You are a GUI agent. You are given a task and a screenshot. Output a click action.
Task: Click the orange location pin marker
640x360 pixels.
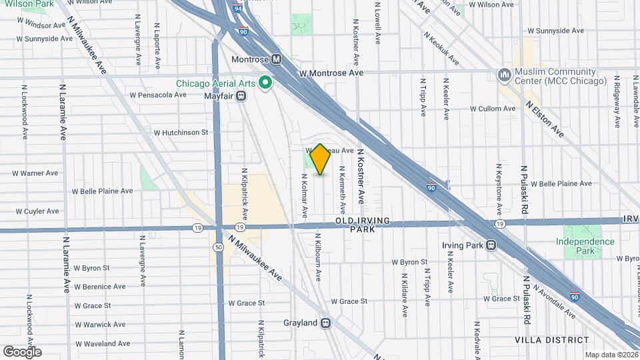(x=320, y=159)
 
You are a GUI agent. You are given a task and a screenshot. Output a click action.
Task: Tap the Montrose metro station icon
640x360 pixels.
(x=276, y=59)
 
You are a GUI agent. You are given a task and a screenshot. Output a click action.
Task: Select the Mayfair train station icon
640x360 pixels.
(x=241, y=96)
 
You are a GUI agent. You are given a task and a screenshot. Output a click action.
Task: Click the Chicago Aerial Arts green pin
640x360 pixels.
(x=265, y=83)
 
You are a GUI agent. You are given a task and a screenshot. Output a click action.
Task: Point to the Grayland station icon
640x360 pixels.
(x=326, y=323)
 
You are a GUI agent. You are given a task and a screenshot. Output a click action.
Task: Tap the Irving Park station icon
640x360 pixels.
(x=491, y=245)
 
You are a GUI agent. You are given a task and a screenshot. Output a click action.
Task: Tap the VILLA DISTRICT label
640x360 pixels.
(x=545, y=339)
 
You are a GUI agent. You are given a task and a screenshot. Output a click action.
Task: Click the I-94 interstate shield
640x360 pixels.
(x=238, y=10)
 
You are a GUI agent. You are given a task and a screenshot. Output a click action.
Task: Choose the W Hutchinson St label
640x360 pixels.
(x=181, y=133)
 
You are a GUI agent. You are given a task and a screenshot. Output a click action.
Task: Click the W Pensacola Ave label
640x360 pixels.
(x=158, y=95)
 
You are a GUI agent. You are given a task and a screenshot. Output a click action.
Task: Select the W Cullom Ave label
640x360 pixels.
(x=495, y=108)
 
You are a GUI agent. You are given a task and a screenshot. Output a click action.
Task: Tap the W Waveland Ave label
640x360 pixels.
(x=102, y=344)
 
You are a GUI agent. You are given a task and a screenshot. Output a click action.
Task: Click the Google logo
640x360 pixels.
(x=22, y=352)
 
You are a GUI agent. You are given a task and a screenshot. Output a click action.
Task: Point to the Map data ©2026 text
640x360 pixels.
(x=611, y=355)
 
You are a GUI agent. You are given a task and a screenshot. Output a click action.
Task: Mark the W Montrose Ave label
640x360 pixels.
(x=331, y=73)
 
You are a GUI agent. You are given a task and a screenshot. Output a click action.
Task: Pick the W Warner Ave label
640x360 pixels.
(x=35, y=173)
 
